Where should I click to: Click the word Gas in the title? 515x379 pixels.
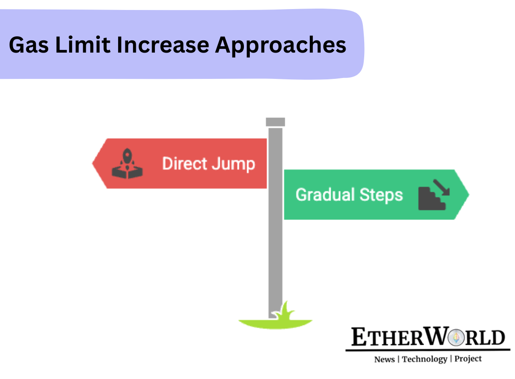[29, 45]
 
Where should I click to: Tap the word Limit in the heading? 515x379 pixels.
[83, 44]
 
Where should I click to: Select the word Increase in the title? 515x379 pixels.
[163, 45]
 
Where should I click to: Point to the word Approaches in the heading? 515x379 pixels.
[281, 46]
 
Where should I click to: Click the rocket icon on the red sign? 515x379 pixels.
[127, 164]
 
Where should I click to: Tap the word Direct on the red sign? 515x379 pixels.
[184, 163]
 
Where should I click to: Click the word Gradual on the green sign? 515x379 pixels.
[325, 194]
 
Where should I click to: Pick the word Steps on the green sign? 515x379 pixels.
[381, 195]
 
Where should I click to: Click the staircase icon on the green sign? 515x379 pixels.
[431, 199]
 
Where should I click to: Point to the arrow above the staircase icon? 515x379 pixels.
[441, 188]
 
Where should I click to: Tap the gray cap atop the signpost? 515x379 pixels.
[275, 122]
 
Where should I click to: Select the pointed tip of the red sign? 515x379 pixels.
[92, 163]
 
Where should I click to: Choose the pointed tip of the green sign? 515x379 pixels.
[469, 195]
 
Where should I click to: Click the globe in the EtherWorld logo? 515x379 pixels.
[456, 337]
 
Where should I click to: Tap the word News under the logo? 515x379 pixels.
[384, 360]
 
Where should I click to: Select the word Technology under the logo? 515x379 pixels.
[425, 360]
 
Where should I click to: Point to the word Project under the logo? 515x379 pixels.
[468, 359]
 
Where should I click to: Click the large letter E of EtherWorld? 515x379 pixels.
[359, 337]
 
